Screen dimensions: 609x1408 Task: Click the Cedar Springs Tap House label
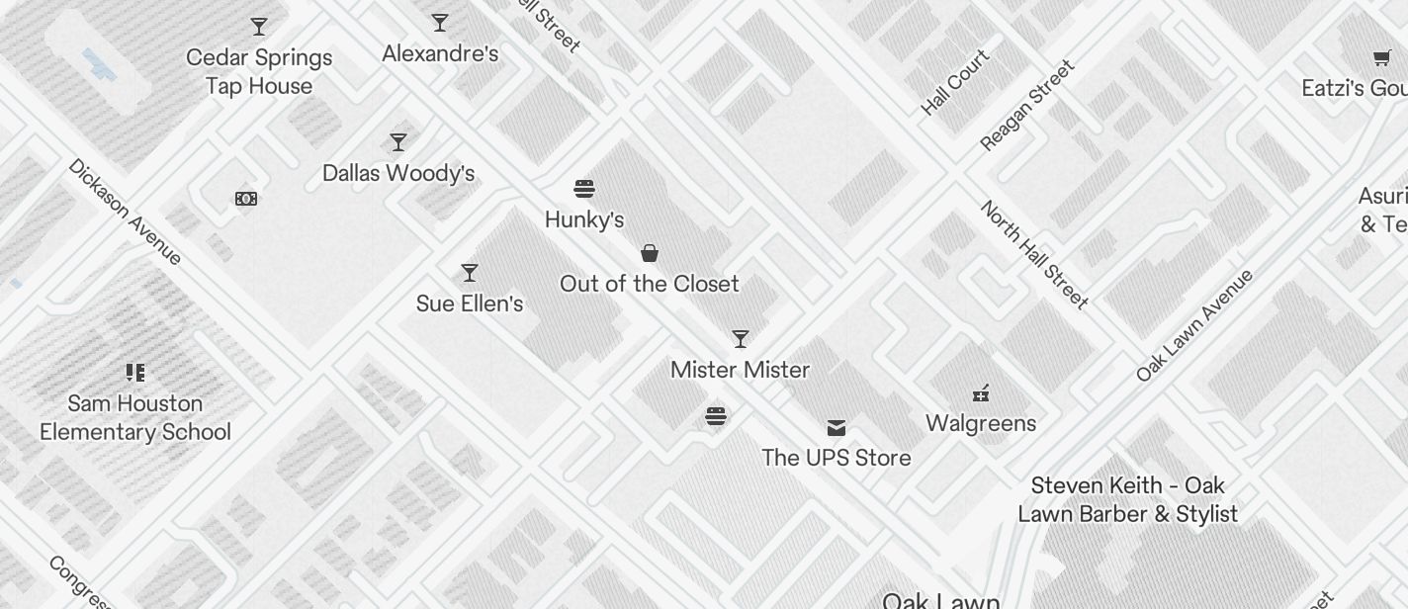click(259, 72)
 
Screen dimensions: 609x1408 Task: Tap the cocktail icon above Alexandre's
click(440, 23)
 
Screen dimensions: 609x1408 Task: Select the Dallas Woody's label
click(398, 173)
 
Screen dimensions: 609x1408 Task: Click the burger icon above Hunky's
click(584, 189)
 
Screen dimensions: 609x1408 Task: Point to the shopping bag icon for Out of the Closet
click(650, 253)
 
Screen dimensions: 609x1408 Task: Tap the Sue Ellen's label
click(470, 304)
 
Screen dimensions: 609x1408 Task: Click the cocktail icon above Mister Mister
click(741, 339)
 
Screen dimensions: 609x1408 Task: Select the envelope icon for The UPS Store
click(836, 427)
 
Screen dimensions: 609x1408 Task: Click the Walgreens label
click(981, 423)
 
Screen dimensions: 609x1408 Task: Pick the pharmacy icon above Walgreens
click(981, 393)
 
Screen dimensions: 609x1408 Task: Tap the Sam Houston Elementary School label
click(135, 418)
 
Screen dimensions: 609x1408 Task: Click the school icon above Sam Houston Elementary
click(135, 373)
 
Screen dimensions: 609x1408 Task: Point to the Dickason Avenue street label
click(125, 212)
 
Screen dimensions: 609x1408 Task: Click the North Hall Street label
click(1034, 254)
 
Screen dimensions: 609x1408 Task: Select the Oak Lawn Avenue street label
click(1194, 324)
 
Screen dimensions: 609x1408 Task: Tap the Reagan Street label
click(1026, 106)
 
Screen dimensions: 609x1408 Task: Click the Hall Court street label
click(955, 82)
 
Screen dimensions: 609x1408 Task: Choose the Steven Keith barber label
click(1127, 499)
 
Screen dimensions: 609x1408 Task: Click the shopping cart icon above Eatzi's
click(1381, 58)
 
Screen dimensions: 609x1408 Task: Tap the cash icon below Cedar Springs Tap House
click(246, 199)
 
